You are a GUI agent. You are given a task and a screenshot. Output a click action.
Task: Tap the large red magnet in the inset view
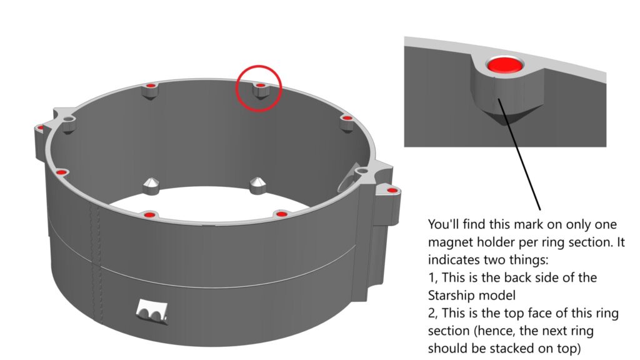pyautogui.click(x=505, y=65)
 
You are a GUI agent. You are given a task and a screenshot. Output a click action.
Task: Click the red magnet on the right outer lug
pyautogui.click(x=391, y=190)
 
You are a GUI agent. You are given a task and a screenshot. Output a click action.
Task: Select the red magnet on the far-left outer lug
pyautogui.click(x=41, y=127)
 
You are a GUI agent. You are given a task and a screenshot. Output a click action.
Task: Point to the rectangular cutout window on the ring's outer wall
pyautogui.click(x=152, y=311)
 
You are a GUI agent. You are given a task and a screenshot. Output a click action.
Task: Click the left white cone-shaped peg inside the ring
pyautogui.click(x=151, y=186)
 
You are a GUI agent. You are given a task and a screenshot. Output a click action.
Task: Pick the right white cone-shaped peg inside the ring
pyautogui.click(x=257, y=185)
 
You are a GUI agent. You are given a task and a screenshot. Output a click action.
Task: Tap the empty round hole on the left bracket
pyautogui.click(x=69, y=119)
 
